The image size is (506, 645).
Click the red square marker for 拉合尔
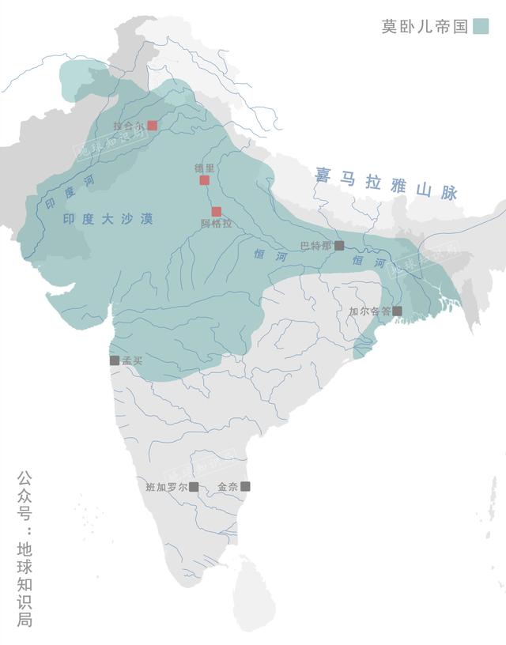click(153, 125)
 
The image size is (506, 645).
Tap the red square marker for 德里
click(204, 180)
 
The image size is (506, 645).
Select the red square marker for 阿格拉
click(216, 211)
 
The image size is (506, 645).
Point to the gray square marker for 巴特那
click(339, 245)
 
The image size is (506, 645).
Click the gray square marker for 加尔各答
click(397, 311)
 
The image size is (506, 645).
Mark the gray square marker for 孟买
click(115, 360)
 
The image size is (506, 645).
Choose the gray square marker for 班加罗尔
click(194, 486)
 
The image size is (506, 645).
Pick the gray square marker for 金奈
click(245, 486)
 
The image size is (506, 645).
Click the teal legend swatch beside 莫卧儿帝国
click(481, 26)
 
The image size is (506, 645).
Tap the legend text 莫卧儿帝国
click(425, 26)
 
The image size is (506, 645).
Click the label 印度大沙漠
click(108, 217)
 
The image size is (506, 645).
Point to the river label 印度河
click(61, 193)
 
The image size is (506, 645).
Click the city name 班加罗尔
click(167, 487)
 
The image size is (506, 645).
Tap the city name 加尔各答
click(370, 311)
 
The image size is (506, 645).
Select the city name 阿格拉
click(216, 224)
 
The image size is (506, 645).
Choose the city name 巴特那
click(316, 246)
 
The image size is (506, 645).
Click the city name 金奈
click(227, 487)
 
